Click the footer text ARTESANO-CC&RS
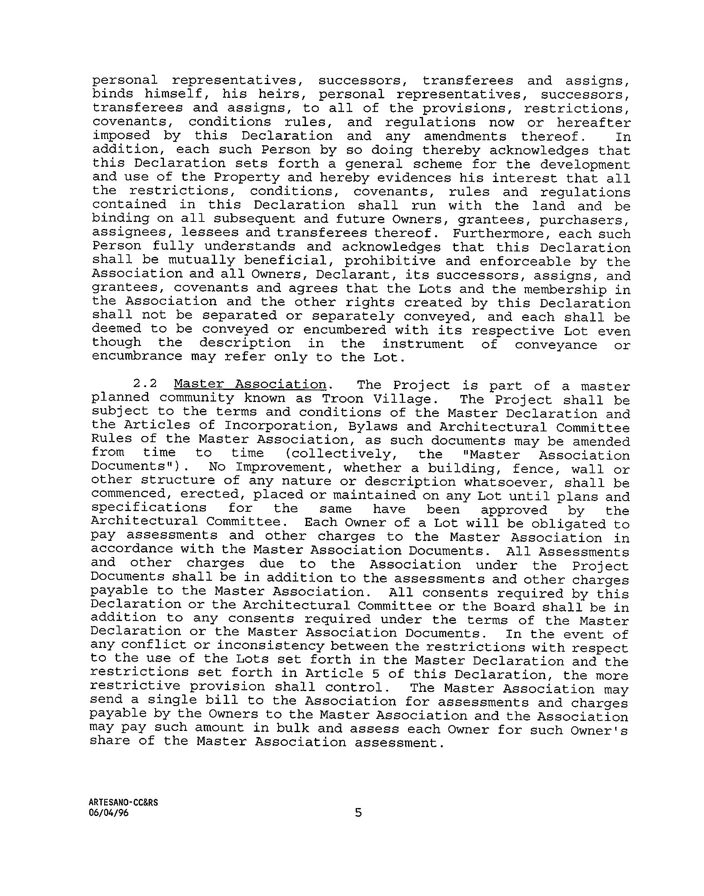point(124,802)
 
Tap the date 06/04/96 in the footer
point(109,813)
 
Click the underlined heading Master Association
point(250,385)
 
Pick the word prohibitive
point(390,261)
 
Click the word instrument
point(423,344)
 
